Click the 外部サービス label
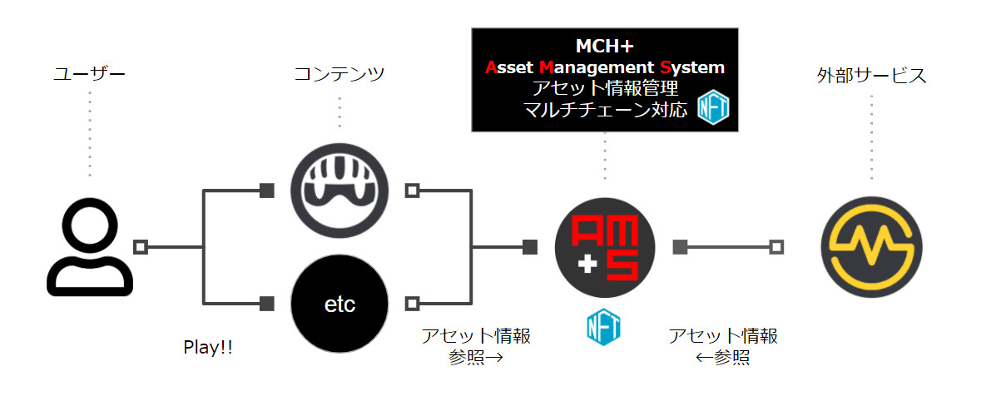click(871, 76)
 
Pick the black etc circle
click(339, 304)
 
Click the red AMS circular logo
click(605, 247)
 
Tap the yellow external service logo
click(871, 247)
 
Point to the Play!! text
click(208, 348)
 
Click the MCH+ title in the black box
click(605, 45)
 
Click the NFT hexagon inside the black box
click(712, 108)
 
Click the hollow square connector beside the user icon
click(141, 247)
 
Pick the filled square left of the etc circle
click(266, 303)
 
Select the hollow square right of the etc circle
click(411, 303)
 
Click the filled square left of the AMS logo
click(530, 247)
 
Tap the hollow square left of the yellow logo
click(776, 247)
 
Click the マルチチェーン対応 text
click(605, 109)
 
